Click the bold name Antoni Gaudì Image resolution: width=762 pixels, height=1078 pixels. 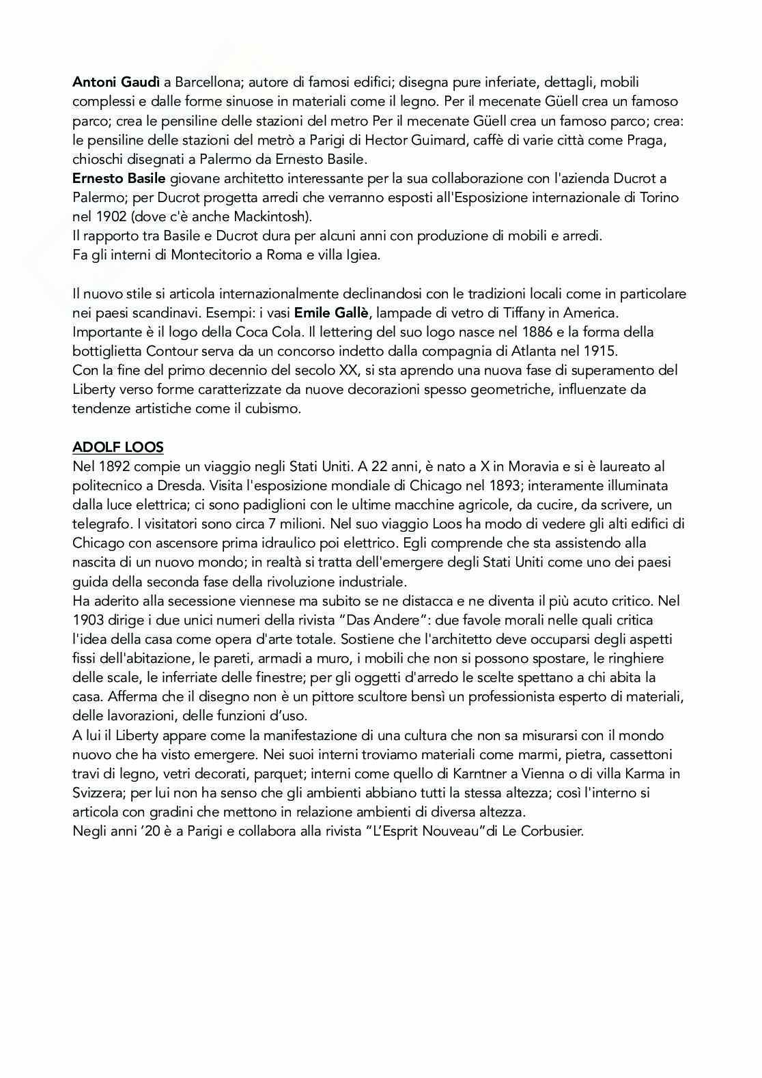coord(117,83)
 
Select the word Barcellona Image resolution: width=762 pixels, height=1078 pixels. coord(208,83)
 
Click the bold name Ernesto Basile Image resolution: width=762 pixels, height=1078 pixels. coord(119,178)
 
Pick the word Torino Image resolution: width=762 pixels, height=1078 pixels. coord(660,197)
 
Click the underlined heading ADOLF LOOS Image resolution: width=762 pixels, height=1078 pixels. coord(118,447)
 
